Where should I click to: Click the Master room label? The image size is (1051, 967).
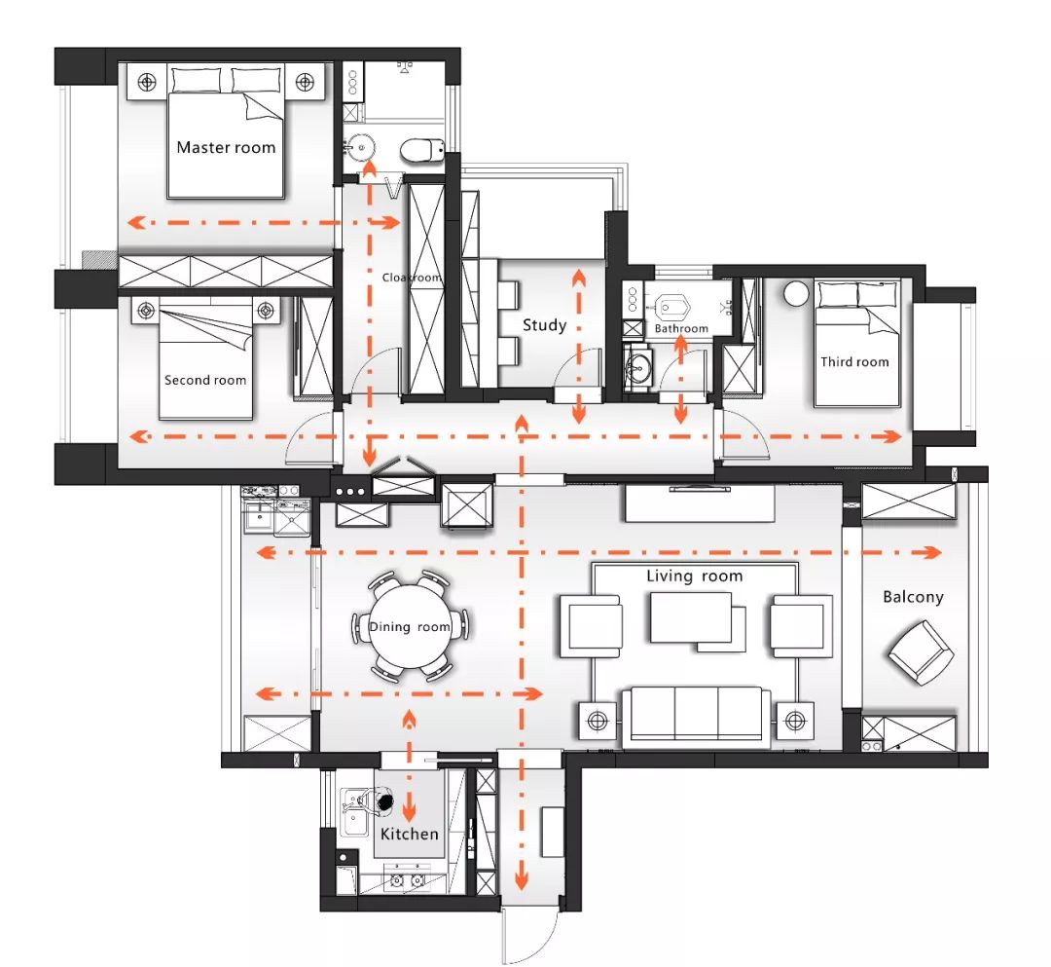pyautogui.click(x=226, y=147)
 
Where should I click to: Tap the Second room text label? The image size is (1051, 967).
pyautogui.click(x=205, y=380)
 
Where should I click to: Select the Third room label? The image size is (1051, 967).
pyautogui.click(x=854, y=362)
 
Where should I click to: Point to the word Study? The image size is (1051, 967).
pyautogui.click(x=544, y=326)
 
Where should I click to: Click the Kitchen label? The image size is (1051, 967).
pyautogui.click(x=409, y=834)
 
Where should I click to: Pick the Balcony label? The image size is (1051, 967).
pyautogui.click(x=913, y=597)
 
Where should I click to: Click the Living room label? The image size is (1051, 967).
pyautogui.click(x=695, y=576)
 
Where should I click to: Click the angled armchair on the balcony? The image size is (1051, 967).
pyautogui.click(x=921, y=652)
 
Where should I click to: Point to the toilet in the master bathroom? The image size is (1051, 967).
pyautogui.click(x=422, y=150)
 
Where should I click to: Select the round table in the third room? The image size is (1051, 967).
pyautogui.click(x=796, y=294)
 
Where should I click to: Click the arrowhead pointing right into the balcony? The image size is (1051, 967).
pyautogui.click(x=932, y=552)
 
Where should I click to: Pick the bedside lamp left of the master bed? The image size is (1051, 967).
pyautogui.click(x=147, y=83)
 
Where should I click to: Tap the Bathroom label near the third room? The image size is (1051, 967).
pyautogui.click(x=681, y=328)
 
